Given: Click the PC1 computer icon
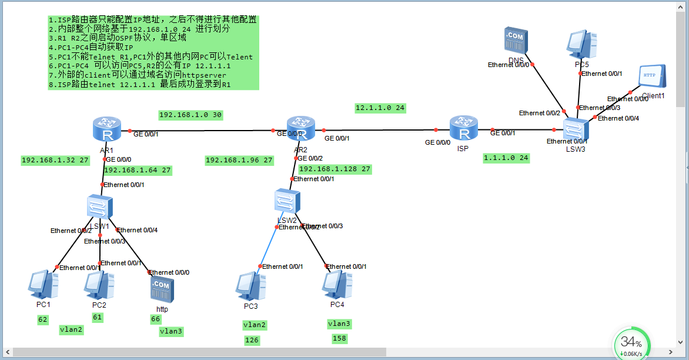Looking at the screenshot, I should coord(44,285).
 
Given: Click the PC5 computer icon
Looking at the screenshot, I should coord(582,44).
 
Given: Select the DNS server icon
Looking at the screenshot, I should coord(516,41).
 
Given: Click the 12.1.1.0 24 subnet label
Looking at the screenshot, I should coord(380,108).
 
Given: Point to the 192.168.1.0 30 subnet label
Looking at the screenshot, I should coord(190,115).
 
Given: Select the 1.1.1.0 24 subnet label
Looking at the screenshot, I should coord(506,158).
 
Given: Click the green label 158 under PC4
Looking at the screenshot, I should coord(339,339).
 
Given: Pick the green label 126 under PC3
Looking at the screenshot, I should coord(252,340).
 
